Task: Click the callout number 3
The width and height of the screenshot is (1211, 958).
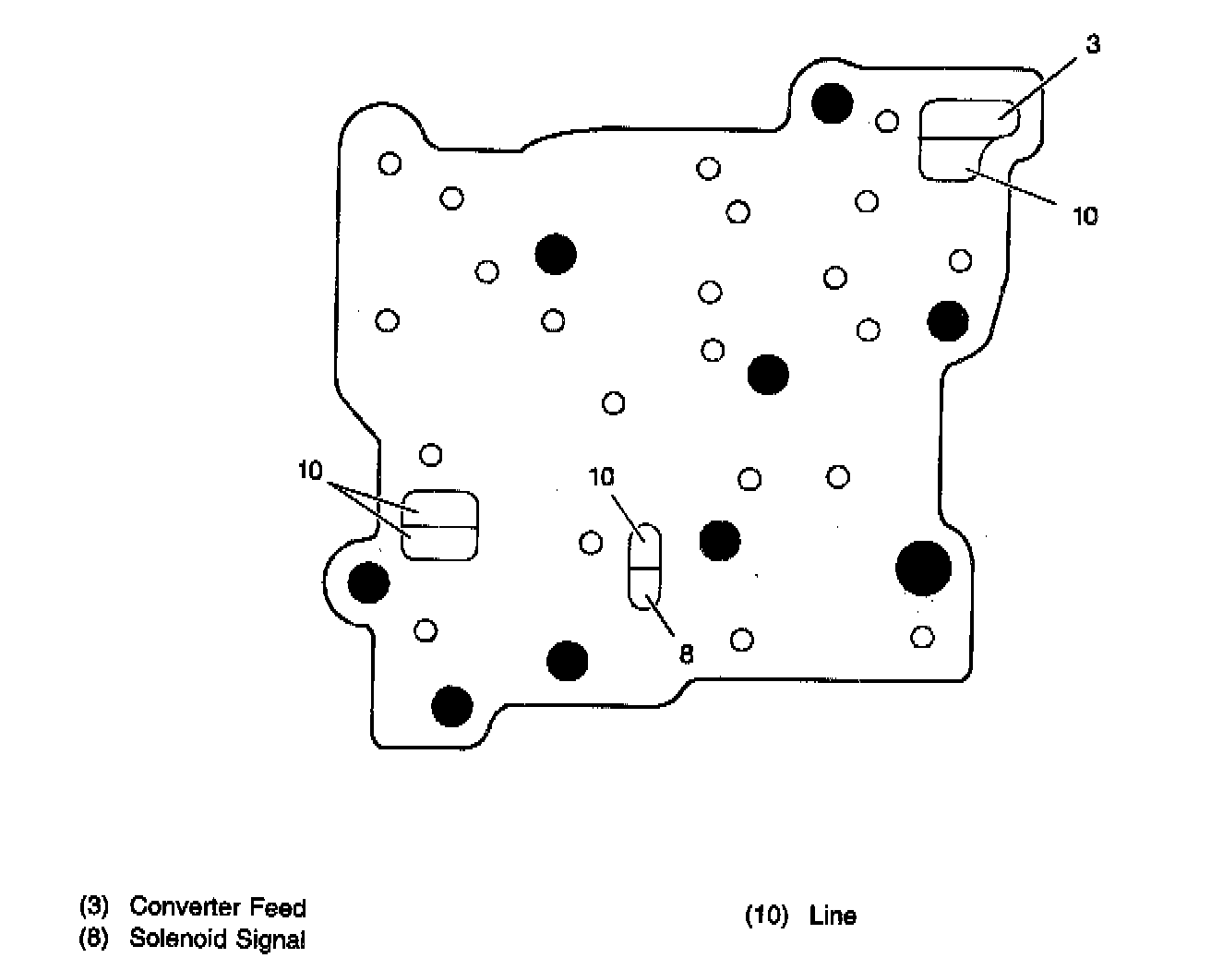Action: click(1093, 45)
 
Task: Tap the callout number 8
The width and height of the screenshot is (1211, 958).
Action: click(686, 654)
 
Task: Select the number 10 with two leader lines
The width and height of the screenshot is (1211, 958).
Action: click(310, 471)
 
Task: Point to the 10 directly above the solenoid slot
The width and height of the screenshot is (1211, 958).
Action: click(601, 477)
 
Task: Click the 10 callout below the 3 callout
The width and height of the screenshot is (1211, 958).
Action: click(1085, 216)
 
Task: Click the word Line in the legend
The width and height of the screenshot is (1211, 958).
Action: click(833, 916)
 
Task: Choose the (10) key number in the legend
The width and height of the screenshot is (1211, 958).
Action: click(767, 916)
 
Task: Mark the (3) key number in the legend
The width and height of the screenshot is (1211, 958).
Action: click(94, 906)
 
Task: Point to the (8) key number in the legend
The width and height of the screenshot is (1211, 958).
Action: click(94, 939)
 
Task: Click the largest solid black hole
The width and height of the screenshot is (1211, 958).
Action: click(923, 567)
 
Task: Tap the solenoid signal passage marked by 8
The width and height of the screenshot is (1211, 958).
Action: click(644, 589)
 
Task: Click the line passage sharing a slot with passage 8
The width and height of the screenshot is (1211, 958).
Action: click(644, 546)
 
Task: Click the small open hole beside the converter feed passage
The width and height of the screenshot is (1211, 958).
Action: click(887, 120)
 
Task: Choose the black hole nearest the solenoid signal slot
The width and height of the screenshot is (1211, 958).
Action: click(720, 541)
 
